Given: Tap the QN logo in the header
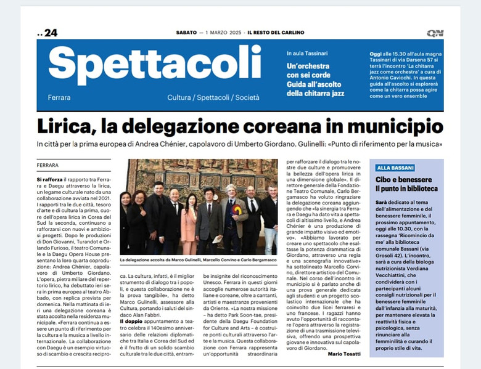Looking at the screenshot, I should [x=434, y=33].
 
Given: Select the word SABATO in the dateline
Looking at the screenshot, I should [x=186, y=33].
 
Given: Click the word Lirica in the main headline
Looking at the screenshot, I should [x=66, y=127].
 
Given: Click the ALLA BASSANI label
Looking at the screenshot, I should [x=395, y=168].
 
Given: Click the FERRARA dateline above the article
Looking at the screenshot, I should [x=47, y=165].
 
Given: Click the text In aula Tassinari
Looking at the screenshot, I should [x=307, y=54].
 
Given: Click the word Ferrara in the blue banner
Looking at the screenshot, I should [x=59, y=97].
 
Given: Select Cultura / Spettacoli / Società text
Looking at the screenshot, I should [x=213, y=97].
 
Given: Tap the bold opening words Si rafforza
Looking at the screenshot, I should [x=50, y=179].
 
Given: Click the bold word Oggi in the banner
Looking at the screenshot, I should [x=377, y=54].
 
